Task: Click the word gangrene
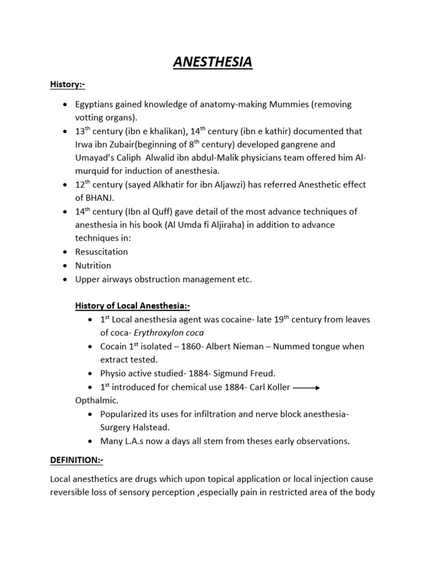[315, 144]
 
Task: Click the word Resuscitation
[102, 251]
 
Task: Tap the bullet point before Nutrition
[66, 265]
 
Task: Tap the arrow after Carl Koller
[306, 388]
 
